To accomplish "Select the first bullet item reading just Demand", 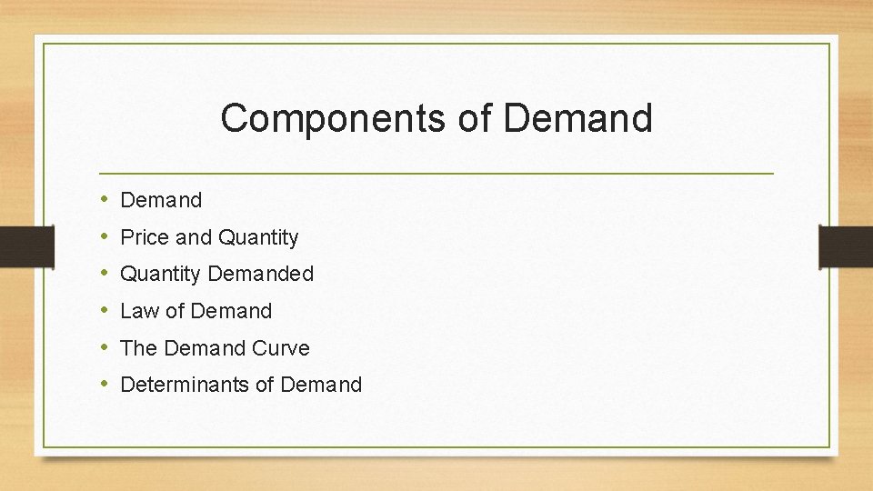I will click(x=161, y=200).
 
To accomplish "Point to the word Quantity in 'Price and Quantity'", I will click(x=257, y=237).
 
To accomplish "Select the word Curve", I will click(x=281, y=348).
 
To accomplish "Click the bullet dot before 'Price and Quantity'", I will click(x=105, y=237).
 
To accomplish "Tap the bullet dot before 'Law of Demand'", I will click(x=105, y=311).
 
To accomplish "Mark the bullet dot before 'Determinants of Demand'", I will click(x=105, y=385).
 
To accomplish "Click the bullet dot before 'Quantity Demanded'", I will click(x=105, y=274).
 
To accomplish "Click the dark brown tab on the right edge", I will click(x=846, y=246).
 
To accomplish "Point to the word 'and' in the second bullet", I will click(x=193, y=237).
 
